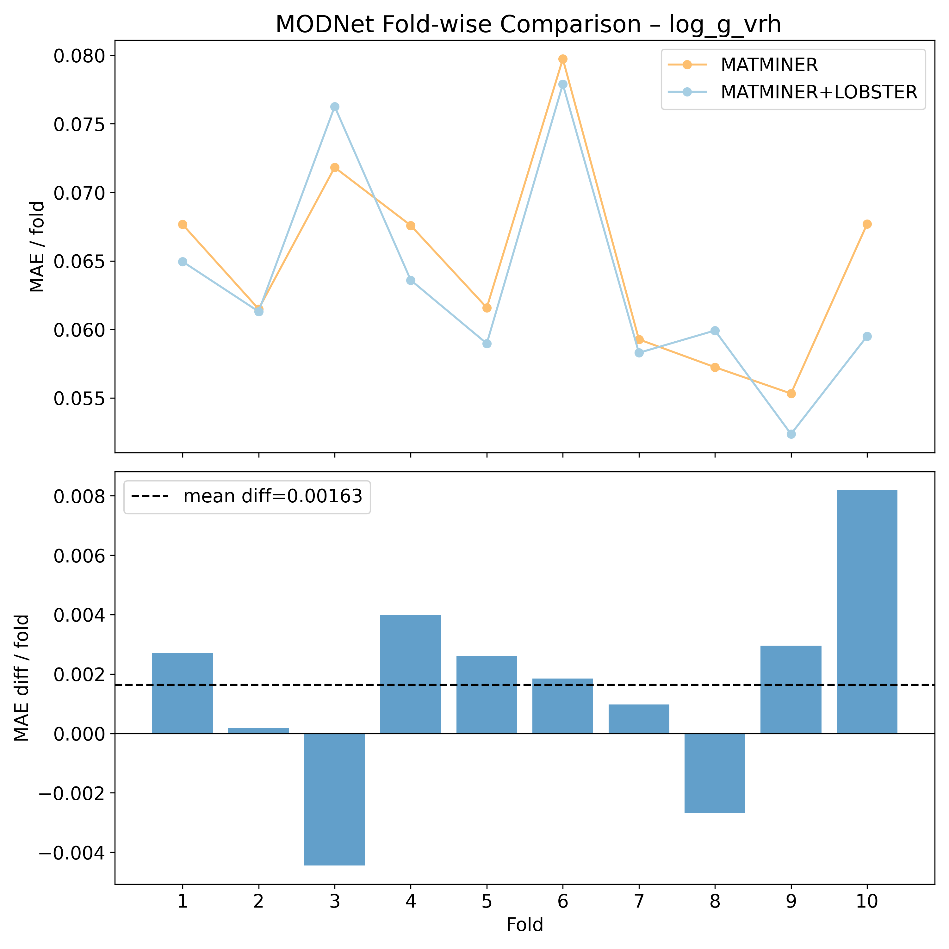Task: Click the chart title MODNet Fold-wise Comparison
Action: tap(528, 25)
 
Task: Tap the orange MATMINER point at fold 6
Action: tap(563, 59)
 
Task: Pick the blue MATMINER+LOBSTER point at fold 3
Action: tap(334, 107)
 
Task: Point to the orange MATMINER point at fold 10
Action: tap(867, 224)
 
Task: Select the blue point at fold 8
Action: tap(715, 331)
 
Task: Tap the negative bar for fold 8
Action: tap(715, 773)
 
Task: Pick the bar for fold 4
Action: tap(411, 674)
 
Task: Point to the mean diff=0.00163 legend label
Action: tap(273, 497)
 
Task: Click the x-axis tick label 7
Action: tap(639, 902)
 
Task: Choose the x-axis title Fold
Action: tap(524, 925)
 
